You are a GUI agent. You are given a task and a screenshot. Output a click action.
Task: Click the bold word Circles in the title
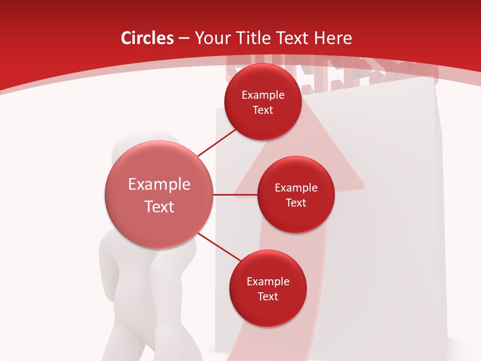[147, 38]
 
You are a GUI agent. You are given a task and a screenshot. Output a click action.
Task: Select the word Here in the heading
[333, 38]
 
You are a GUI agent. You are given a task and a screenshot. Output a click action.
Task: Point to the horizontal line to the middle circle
[235, 195]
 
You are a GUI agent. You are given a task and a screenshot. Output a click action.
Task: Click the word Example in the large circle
[159, 185]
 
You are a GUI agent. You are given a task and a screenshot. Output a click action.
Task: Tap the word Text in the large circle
[159, 207]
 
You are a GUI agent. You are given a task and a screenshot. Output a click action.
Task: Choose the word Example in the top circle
[263, 95]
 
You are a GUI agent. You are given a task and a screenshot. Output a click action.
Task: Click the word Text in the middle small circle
[296, 203]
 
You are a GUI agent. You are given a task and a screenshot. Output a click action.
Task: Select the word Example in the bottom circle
[268, 282]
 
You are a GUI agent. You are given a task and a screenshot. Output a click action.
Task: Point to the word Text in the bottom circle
[268, 297]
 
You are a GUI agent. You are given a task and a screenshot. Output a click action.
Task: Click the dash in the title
[183, 39]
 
